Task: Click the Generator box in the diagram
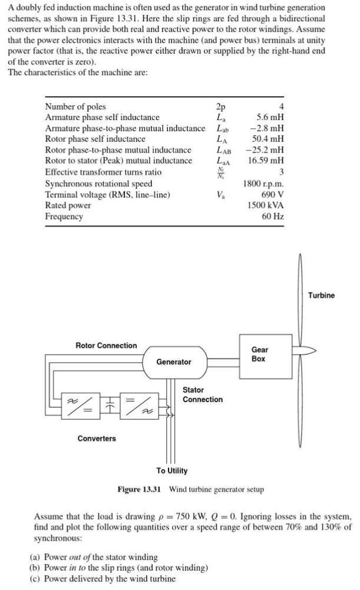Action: click(x=174, y=362)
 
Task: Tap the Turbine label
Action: click(x=321, y=295)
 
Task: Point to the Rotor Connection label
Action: click(x=106, y=346)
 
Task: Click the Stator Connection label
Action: click(x=202, y=395)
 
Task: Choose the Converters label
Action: click(x=97, y=439)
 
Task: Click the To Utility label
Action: click(x=171, y=470)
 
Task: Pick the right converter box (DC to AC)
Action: click(x=142, y=408)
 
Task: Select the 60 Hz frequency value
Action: click(x=273, y=217)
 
